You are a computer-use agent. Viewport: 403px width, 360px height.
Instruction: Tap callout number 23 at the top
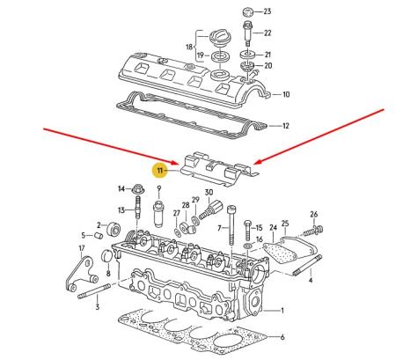(x=268, y=11)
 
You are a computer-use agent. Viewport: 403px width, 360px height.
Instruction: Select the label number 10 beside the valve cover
(x=286, y=94)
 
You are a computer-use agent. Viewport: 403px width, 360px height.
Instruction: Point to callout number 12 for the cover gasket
(x=285, y=126)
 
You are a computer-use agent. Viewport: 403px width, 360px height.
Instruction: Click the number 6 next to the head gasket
(x=282, y=338)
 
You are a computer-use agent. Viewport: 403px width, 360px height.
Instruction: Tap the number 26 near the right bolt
(x=313, y=213)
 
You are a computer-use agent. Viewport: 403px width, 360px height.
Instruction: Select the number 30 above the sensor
(x=209, y=192)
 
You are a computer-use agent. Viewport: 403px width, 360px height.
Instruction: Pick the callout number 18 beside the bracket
(x=187, y=46)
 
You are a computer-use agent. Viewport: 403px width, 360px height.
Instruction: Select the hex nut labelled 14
(x=139, y=188)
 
